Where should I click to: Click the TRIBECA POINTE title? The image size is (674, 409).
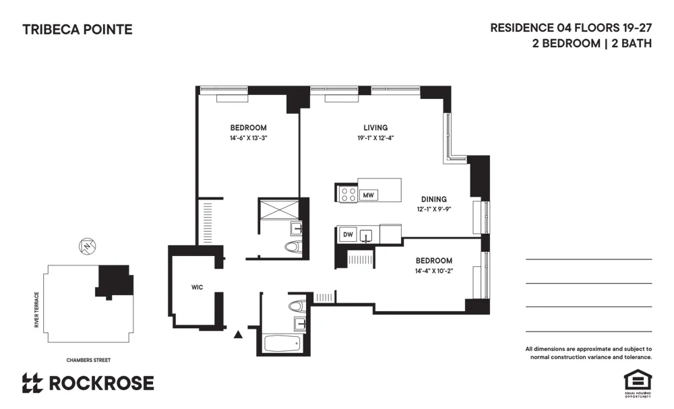[78, 30]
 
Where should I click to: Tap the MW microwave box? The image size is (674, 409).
[368, 195]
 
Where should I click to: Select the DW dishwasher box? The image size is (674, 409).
[348, 234]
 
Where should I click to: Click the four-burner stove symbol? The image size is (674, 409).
[348, 195]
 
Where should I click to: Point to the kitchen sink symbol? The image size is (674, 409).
[367, 235]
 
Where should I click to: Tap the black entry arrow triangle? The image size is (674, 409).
[237, 334]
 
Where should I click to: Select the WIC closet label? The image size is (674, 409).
[197, 288]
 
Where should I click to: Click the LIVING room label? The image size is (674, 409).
[375, 127]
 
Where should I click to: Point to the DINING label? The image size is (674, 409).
[433, 199]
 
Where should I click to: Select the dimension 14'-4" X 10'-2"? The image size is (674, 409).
[433, 271]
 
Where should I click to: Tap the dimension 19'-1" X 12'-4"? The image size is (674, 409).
[375, 138]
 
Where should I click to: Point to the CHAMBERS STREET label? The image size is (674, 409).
[88, 360]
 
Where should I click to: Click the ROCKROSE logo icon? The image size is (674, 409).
[32, 383]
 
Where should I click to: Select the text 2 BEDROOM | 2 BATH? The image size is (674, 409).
[592, 43]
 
